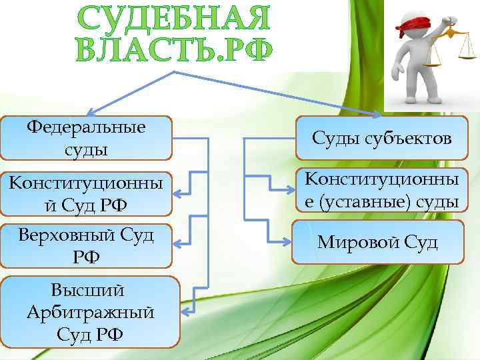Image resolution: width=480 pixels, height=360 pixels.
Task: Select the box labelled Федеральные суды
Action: tap(86, 138)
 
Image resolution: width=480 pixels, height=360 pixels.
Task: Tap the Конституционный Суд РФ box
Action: tap(86, 193)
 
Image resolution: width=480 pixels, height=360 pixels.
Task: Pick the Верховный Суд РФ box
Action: tap(86, 245)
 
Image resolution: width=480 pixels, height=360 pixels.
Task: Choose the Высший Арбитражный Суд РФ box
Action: tap(91, 312)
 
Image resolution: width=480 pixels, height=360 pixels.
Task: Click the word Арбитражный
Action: tap(91, 312)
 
